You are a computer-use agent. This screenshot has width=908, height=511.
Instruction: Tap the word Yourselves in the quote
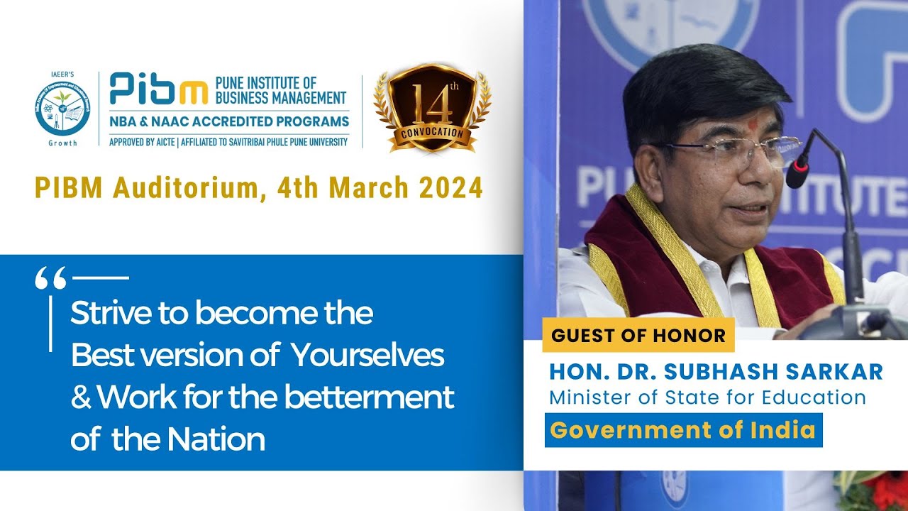(x=368, y=355)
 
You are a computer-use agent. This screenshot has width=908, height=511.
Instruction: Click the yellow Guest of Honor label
(x=638, y=335)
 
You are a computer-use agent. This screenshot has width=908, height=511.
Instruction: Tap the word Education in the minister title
(x=815, y=397)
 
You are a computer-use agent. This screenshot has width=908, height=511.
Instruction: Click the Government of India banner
(x=683, y=430)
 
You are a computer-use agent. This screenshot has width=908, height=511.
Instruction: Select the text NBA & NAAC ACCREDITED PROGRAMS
(x=229, y=121)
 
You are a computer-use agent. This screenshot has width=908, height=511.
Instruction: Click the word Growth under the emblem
(x=62, y=143)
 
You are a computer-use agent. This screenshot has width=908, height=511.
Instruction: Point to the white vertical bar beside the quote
(x=50, y=323)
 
